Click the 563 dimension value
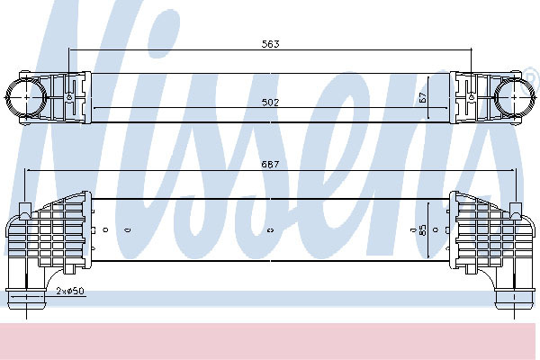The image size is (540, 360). (270, 44)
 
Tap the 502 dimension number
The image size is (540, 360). (270, 103)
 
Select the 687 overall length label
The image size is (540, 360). (270, 165)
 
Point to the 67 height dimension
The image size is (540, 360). (423, 97)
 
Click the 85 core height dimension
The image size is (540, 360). (423, 229)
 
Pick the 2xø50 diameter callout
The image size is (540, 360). (70, 291)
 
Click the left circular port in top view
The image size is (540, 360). (26, 97)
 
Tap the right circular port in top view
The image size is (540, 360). (514, 97)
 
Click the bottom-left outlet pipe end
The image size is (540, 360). (26, 299)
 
